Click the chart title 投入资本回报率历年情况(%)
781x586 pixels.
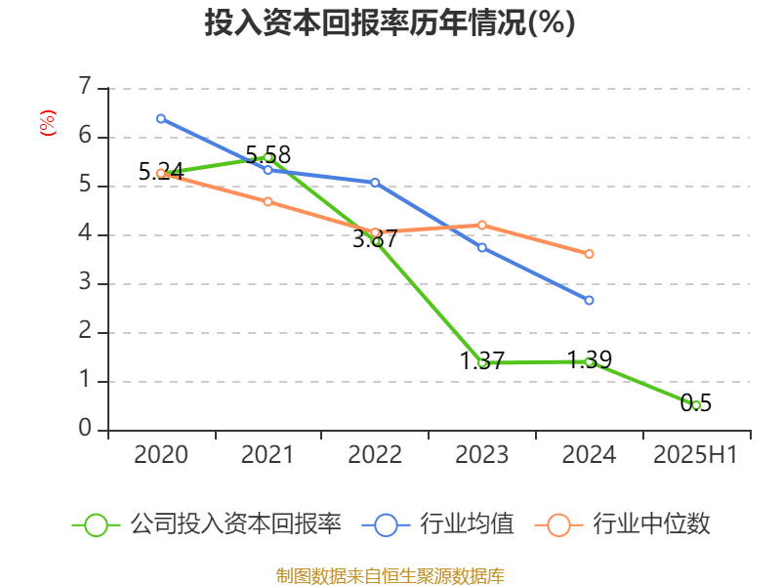(390, 23)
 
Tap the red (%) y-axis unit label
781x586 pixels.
(47, 123)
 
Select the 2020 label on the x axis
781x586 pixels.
(161, 455)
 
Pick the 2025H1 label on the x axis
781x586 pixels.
(696, 455)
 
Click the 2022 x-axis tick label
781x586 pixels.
(375, 455)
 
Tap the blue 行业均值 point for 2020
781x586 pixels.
(161, 118)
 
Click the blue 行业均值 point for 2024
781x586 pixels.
(589, 300)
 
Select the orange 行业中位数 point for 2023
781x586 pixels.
(482, 225)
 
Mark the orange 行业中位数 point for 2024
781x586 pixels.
(589, 254)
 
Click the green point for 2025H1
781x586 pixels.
(696, 404)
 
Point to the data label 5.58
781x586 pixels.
(267, 154)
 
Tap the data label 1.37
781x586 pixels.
(482, 361)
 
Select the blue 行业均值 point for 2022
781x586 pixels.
(375, 183)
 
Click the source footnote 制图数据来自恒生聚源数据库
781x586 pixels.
(390, 575)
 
